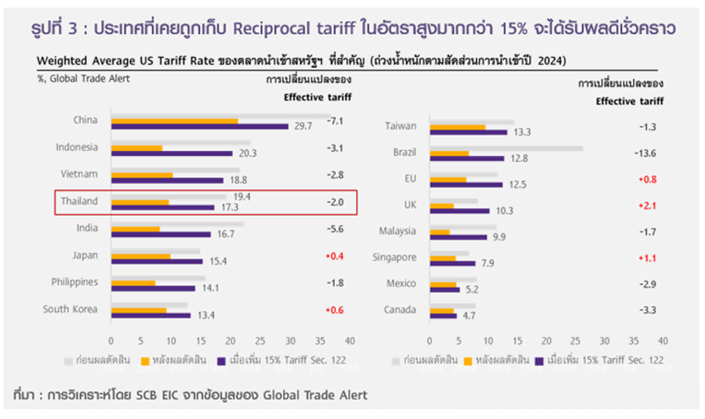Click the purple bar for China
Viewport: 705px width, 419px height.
point(199,126)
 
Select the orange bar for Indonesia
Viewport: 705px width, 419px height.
point(137,148)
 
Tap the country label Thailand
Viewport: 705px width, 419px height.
point(80,201)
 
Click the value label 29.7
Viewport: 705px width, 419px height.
point(302,126)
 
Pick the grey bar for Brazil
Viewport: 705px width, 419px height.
point(506,149)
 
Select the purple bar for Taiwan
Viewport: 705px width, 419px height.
point(469,131)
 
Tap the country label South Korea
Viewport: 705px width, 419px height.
point(70,309)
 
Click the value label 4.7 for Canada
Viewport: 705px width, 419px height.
point(469,314)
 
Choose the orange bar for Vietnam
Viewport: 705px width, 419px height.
point(142,174)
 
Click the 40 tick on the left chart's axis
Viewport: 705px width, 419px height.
point(350,340)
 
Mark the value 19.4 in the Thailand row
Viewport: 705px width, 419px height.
point(242,196)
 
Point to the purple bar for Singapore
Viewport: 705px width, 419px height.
point(453,263)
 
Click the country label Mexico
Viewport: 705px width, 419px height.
point(401,283)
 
